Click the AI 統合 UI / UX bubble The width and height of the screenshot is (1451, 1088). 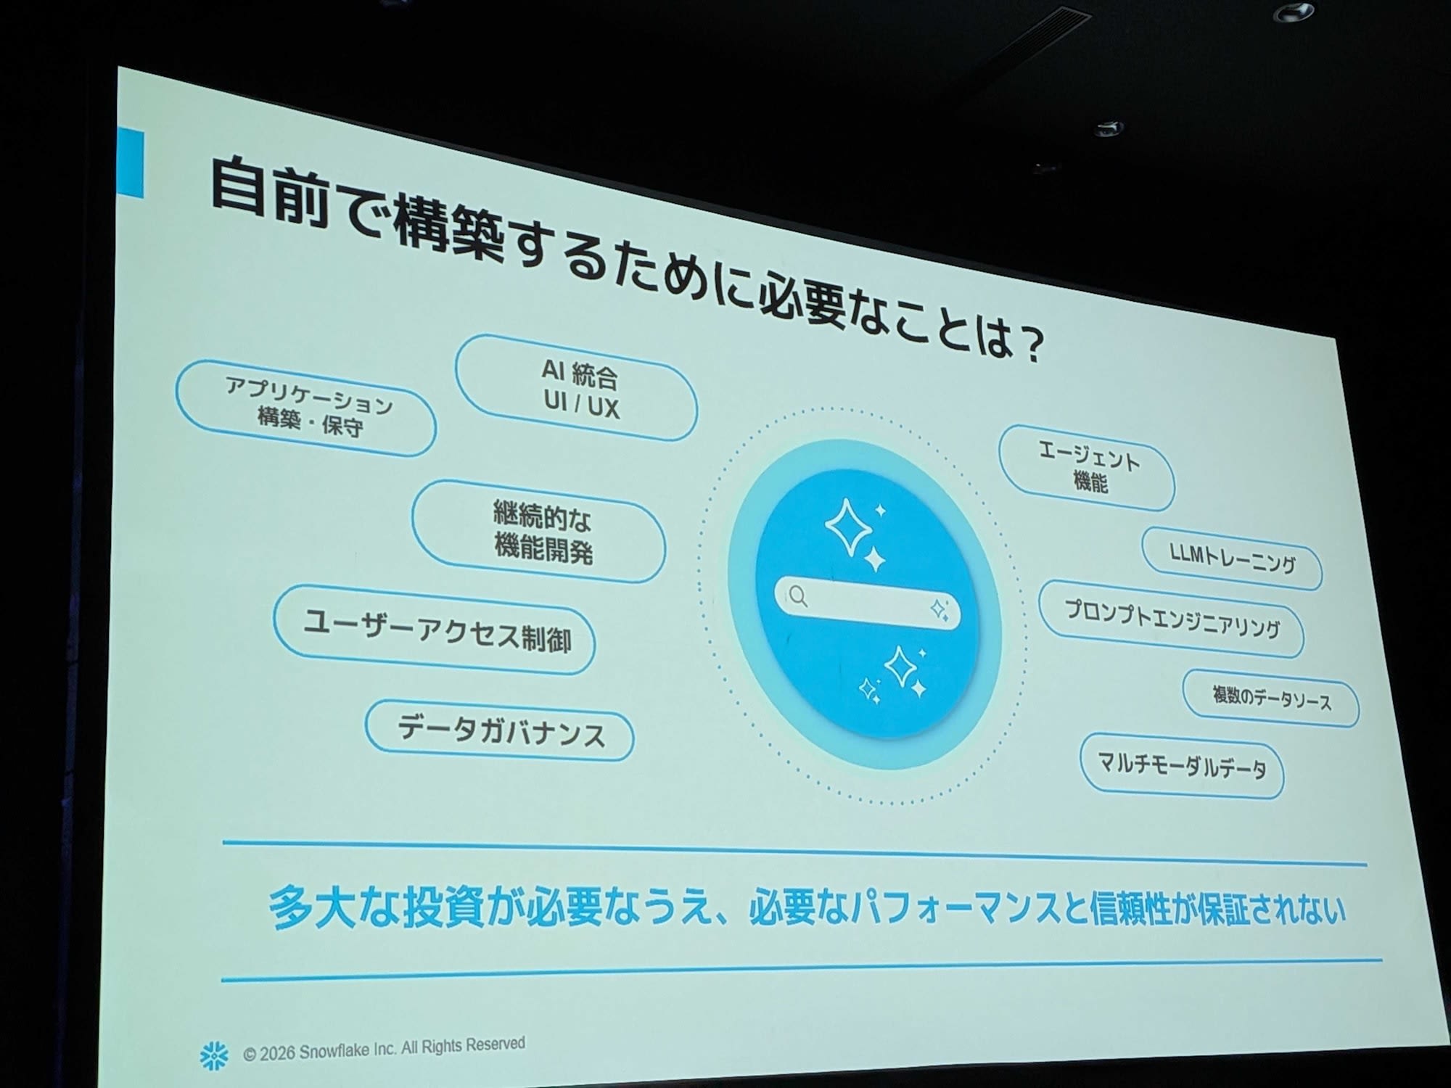click(577, 388)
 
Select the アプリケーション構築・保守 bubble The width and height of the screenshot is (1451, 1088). click(306, 408)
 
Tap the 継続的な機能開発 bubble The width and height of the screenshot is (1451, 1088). click(539, 532)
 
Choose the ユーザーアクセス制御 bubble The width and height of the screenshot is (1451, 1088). click(435, 630)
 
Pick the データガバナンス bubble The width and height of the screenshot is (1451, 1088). click(499, 730)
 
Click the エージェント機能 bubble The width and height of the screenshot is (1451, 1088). click(1087, 468)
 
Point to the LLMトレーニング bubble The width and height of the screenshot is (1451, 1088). click(1232, 559)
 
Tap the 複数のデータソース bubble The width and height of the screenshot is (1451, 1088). click(1271, 698)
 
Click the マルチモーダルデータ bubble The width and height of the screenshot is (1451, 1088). click(1182, 765)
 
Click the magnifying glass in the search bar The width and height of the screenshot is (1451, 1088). click(798, 596)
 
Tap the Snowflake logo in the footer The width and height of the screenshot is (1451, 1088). click(214, 1055)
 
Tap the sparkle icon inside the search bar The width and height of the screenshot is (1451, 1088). click(940, 610)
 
